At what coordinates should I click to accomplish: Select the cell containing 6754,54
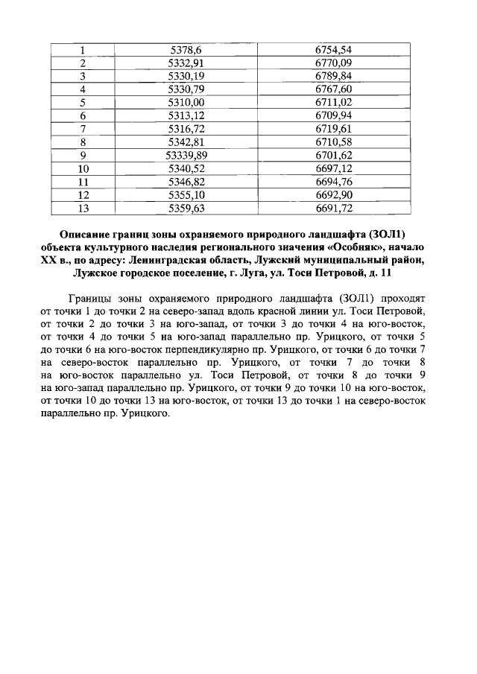click(x=333, y=50)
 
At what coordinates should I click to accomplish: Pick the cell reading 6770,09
click(x=333, y=63)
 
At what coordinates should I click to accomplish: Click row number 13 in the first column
click(x=83, y=208)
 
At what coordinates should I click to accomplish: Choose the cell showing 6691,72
click(x=333, y=208)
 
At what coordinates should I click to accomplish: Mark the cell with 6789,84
click(x=333, y=76)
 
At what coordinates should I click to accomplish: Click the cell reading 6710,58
click(x=333, y=142)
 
